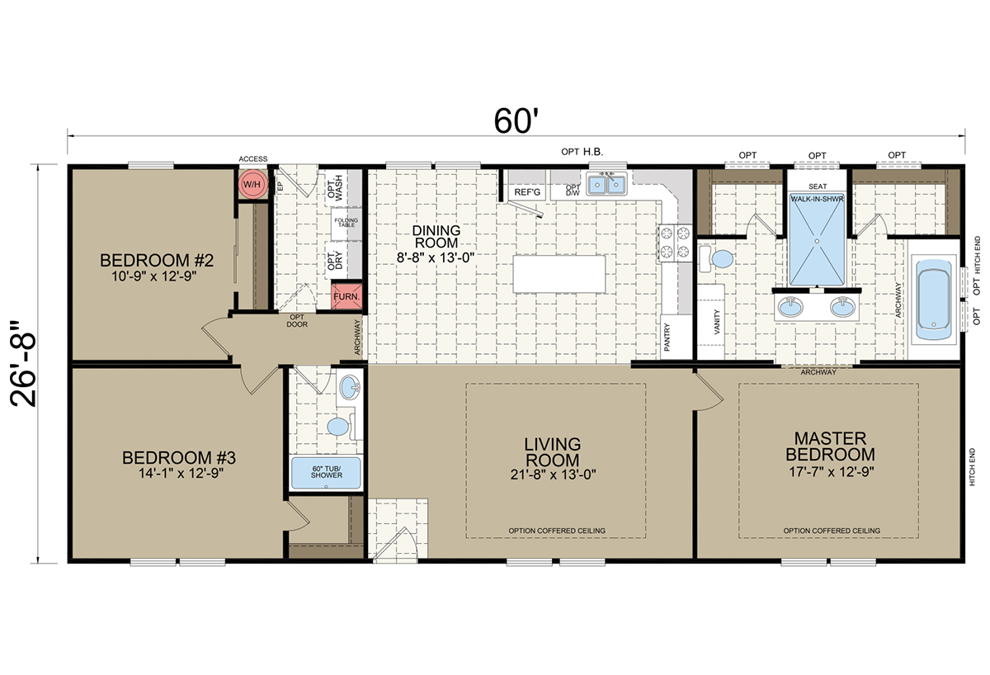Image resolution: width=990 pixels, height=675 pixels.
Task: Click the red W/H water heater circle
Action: click(252, 184)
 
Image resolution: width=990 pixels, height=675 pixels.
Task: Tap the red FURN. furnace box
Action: click(346, 296)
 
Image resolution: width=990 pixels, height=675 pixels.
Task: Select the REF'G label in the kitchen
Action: click(527, 192)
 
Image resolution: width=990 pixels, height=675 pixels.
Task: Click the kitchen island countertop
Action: click(559, 274)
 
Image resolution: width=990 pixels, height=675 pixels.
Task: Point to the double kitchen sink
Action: click(606, 184)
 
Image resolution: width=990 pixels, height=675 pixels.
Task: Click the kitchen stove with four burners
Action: click(675, 243)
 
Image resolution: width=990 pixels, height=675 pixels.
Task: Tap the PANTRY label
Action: click(667, 337)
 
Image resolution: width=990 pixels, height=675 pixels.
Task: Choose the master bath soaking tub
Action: click(933, 300)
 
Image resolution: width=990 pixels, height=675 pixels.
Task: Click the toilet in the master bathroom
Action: click(716, 258)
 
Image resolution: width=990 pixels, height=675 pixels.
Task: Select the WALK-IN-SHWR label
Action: click(817, 199)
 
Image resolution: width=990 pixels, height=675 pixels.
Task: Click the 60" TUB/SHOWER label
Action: click(326, 472)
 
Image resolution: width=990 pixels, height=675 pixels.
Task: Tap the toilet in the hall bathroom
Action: click(342, 427)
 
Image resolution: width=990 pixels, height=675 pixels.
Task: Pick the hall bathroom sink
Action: click(350, 388)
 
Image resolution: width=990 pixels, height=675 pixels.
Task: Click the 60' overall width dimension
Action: click(516, 120)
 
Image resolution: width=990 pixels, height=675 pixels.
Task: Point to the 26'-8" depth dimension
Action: click(23, 363)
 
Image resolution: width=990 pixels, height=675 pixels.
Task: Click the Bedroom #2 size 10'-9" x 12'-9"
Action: click(153, 276)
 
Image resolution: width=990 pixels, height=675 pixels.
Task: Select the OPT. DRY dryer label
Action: click(335, 261)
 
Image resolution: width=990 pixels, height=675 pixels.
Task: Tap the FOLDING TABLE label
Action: click(346, 222)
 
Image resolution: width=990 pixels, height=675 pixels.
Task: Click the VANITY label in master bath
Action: click(717, 322)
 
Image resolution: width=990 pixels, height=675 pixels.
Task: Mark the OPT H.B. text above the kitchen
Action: click(582, 152)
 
